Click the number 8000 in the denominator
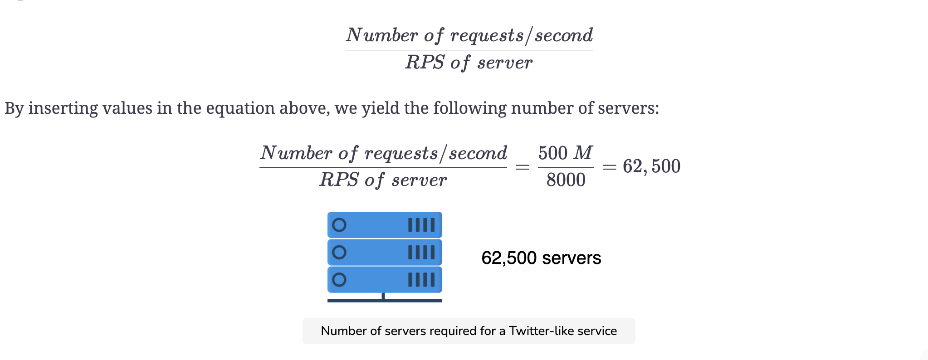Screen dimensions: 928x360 (566, 180)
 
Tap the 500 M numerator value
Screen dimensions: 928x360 (565, 153)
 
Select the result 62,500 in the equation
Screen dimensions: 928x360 (651, 166)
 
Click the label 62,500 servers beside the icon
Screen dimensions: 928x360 (541, 258)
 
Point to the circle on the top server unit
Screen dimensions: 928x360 (339, 225)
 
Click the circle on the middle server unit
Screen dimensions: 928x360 (339, 252)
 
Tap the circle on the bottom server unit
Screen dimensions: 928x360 (339, 279)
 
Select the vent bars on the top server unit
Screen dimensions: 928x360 (421, 225)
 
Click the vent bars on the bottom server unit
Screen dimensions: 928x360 (421, 280)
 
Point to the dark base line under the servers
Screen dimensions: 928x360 (385, 301)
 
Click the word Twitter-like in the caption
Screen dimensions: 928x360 (536, 331)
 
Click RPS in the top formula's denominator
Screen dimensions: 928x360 (425, 62)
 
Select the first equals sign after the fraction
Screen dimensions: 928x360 (523, 167)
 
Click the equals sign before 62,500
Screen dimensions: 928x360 (609, 167)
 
